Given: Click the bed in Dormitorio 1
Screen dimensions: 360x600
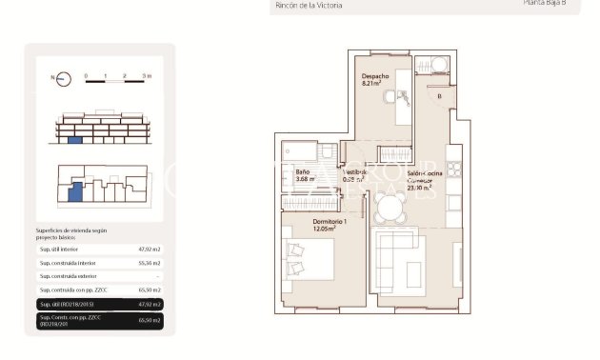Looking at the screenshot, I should coord(308,259).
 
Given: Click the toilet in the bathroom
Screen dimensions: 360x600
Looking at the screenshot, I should coord(327,151).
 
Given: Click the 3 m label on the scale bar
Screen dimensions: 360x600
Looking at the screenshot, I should coord(146,73).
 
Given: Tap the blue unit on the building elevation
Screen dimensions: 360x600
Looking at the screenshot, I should coord(75,140).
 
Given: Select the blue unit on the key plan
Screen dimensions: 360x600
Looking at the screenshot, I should coord(75,193).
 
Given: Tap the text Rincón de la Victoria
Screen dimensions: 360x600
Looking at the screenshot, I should coord(309,6).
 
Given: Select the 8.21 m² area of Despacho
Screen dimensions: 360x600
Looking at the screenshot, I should coord(371,83).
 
